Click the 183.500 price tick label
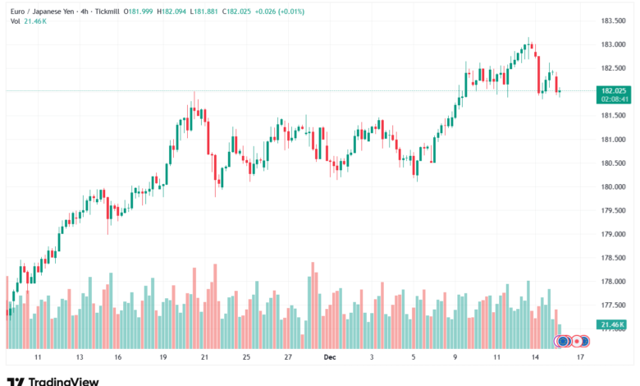pos(615,21)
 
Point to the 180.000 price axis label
pos(615,186)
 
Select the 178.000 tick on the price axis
pos(615,281)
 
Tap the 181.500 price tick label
pos(615,115)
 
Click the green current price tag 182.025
pos(615,90)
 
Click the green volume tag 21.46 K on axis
pos(614,324)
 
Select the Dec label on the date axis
pos(330,358)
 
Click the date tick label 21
pos(204,358)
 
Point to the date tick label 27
pos(288,358)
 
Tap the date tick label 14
pos(535,358)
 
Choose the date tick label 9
pos(455,358)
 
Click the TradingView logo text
pos(63,381)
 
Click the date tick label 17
pos(580,358)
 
